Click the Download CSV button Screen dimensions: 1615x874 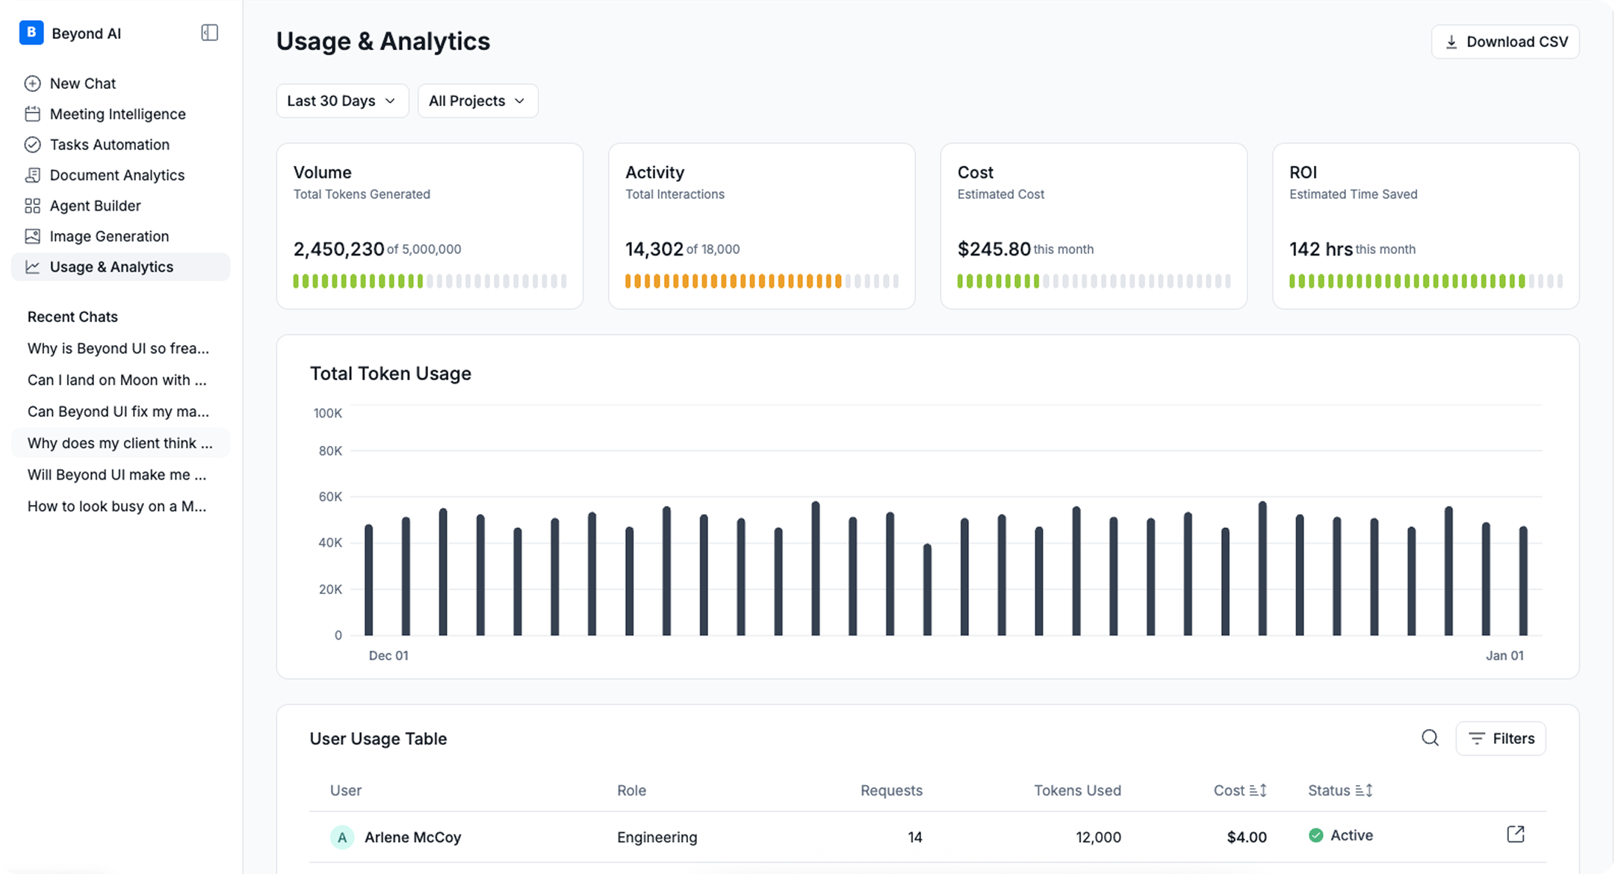click(1504, 42)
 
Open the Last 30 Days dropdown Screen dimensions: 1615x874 click(342, 101)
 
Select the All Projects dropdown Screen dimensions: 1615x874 click(477, 101)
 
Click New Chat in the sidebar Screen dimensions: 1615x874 click(82, 84)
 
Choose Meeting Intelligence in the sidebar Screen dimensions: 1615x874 click(117, 114)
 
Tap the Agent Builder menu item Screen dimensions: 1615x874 click(95, 206)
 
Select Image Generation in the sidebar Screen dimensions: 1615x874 click(109, 237)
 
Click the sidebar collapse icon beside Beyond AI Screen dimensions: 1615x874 click(209, 33)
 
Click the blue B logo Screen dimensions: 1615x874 click(31, 33)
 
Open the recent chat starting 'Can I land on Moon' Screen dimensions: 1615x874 click(117, 380)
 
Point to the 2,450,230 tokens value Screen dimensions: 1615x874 click(338, 249)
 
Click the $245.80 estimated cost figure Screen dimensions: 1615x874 click(994, 249)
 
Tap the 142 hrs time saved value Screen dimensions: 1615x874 click(1321, 249)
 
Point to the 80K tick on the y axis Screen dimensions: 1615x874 click(330, 451)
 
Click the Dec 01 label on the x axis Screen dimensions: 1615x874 click(388, 656)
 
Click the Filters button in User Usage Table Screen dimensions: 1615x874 click(1500, 739)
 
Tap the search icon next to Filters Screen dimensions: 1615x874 click(1430, 738)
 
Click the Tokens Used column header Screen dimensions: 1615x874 click(1077, 790)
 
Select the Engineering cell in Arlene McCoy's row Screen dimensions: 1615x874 click(657, 837)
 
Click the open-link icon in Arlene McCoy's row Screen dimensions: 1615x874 click(1516, 834)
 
